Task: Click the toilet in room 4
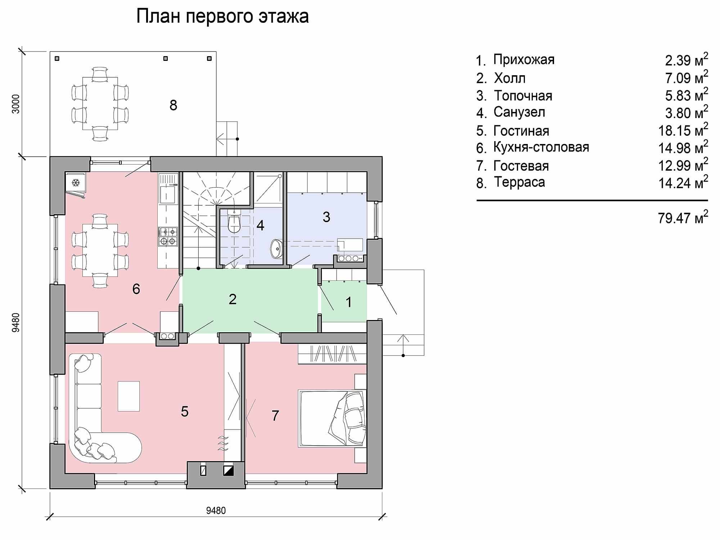click(x=234, y=222)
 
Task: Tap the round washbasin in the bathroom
click(x=276, y=248)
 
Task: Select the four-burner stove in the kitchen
click(x=168, y=237)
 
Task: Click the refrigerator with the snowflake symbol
click(x=76, y=183)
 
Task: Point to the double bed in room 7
click(x=332, y=418)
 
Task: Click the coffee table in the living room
click(x=129, y=396)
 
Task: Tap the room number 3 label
click(x=326, y=217)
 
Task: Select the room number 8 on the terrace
click(x=173, y=105)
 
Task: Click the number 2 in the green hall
click(x=233, y=299)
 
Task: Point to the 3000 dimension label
click(x=15, y=104)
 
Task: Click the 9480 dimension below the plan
click(x=216, y=510)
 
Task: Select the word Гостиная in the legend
click(x=521, y=131)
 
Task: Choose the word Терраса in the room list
click(x=519, y=182)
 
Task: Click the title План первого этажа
click(x=222, y=17)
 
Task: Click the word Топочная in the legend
click(x=523, y=96)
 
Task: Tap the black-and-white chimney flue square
click(x=229, y=471)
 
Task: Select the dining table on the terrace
click(x=100, y=104)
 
